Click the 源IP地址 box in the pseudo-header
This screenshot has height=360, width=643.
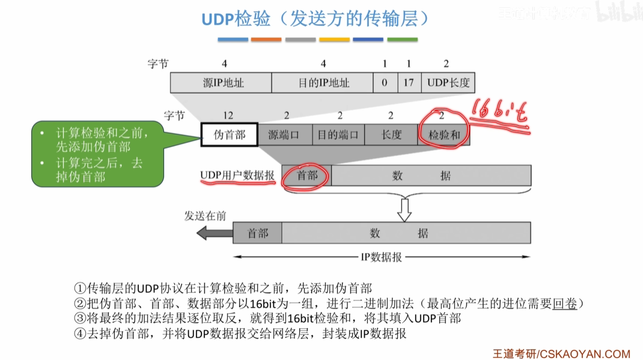pyautogui.click(x=221, y=83)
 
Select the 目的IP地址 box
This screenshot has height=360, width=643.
pyautogui.click(x=323, y=83)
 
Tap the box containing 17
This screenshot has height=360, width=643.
pyautogui.click(x=409, y=83)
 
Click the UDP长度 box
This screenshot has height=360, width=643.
pyautogui.click(x=448, y=83)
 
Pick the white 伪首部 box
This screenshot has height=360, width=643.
pyautogui.click(x=230, y=135)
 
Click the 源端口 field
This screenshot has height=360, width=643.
pyautogui.click(x=287, y=135)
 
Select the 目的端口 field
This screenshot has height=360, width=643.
pyautogui.click(x=338, y=135)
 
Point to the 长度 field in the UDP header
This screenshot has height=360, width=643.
pyautogui.click(x=391, y=135)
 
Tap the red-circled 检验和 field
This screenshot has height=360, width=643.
pyautogui.click(x=444, y=135)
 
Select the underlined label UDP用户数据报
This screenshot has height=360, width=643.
pyautogui.click(x=237, y=175)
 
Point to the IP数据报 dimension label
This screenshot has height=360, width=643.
pyautogui.click(x=382, y=257)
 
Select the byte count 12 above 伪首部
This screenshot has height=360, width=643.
pyautogui.click(x=227, y=115)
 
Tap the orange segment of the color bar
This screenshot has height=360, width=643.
pyautogui.click(x=266, y=40)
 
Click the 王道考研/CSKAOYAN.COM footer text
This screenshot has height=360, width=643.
pyautogui.click(x=561, y=353)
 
